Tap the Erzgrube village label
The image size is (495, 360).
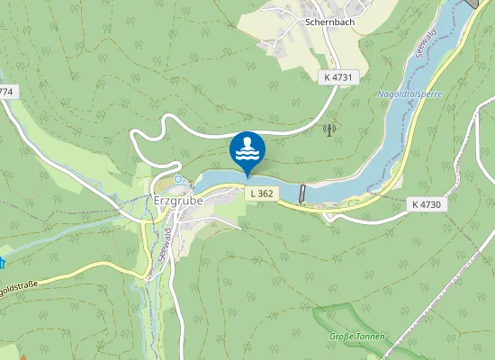coord(179,200)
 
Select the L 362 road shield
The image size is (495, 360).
coord(261,193)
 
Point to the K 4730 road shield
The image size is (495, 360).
coord(427,204)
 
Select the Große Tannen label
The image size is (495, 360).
coord(357,337)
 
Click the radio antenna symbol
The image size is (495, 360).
coord(328,130)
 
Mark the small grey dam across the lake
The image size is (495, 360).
coord(302,193)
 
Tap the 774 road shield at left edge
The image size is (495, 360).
coord(7,92)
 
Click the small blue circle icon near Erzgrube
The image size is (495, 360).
coord(178,179)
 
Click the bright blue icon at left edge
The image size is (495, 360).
coord(3,263)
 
